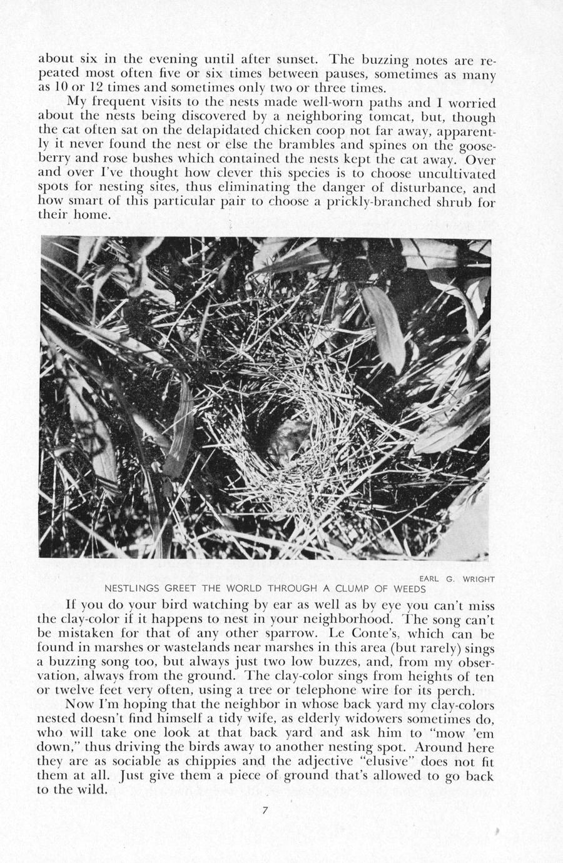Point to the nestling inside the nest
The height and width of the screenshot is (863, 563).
(285, 442)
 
